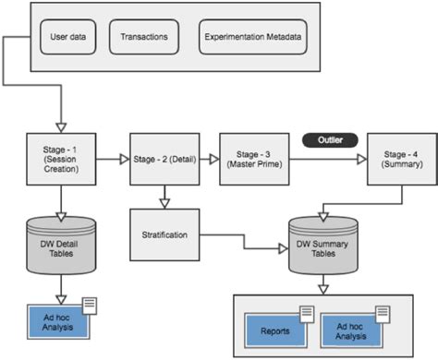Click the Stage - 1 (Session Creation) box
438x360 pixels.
coord(60,158)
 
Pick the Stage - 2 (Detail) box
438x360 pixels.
coord(164,158)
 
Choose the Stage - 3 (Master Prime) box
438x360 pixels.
coord(250,158)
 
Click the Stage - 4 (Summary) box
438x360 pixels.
coord(400,158)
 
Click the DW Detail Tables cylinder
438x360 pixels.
coord(60,243)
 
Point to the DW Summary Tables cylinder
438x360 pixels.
coord(323,247)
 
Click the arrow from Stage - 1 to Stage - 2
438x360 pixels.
coord(113,158)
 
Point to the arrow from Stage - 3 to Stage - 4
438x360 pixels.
coord(323,158)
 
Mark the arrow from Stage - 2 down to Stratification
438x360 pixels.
coord(164,196)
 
